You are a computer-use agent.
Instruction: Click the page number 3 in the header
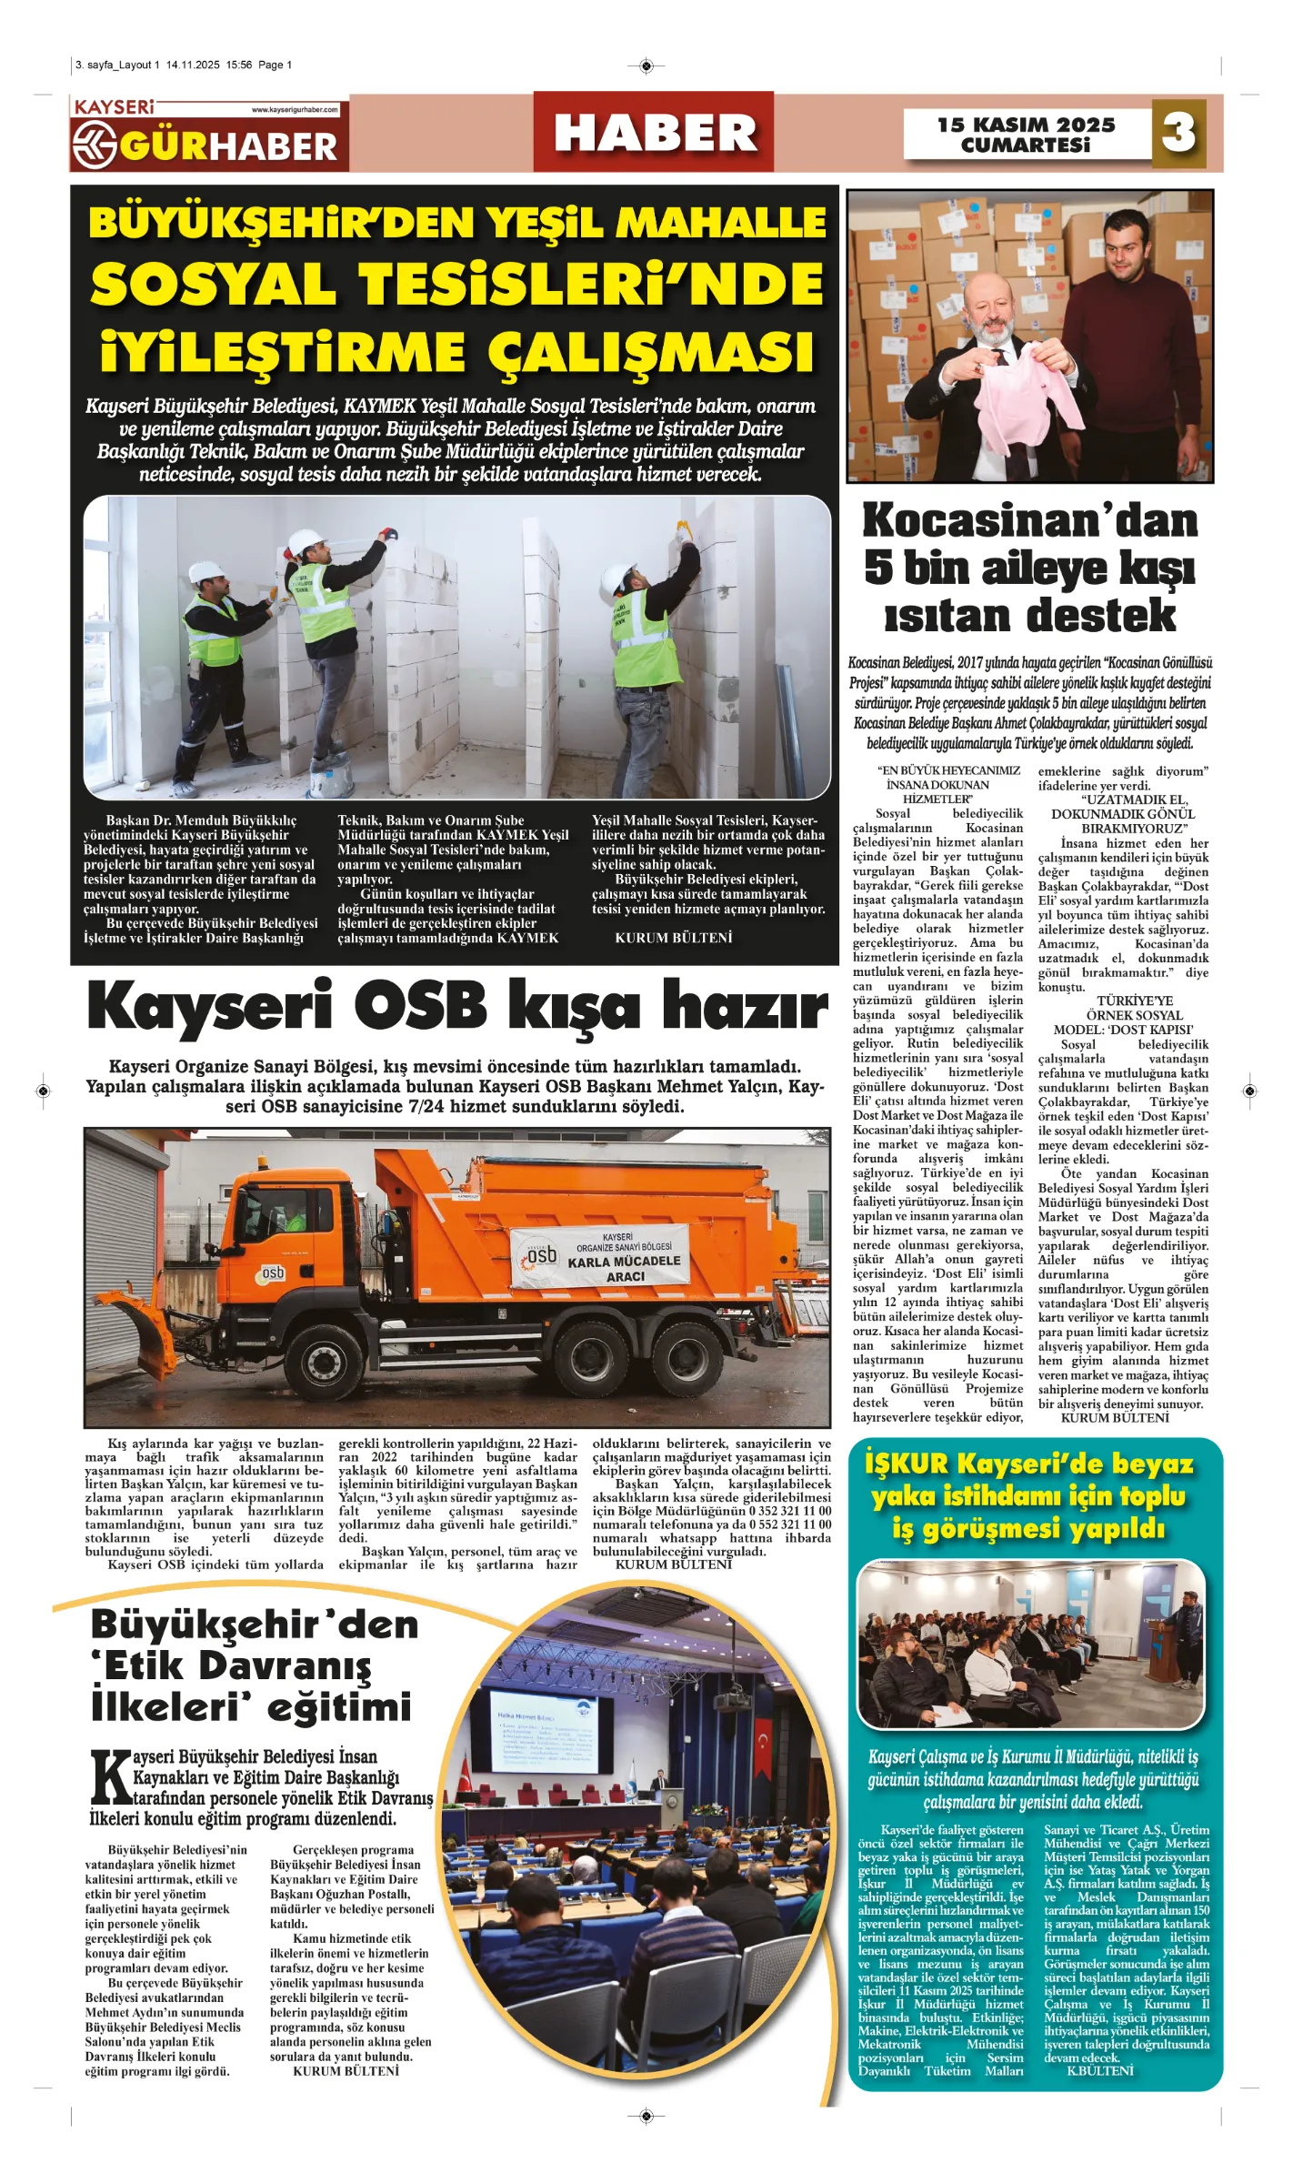tap(1178, 133)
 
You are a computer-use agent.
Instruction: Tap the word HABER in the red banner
tap(655, 133)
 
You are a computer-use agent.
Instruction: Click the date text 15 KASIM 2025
tap(1026, 125)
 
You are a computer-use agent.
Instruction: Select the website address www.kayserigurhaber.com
tap(295, 110)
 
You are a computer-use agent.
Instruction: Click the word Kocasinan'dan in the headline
tap(1029, 521)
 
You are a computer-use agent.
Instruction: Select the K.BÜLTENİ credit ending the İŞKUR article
tap(1099, 2071)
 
